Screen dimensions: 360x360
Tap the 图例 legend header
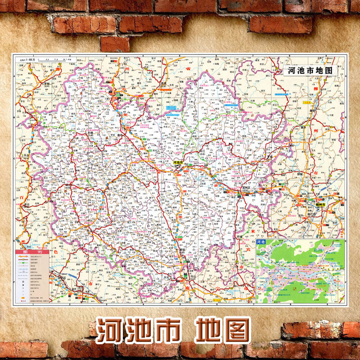click(x=31, y=252)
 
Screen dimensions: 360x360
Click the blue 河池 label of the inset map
click(x=261, y=243)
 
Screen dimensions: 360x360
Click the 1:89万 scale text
click(x=30, y=59)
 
